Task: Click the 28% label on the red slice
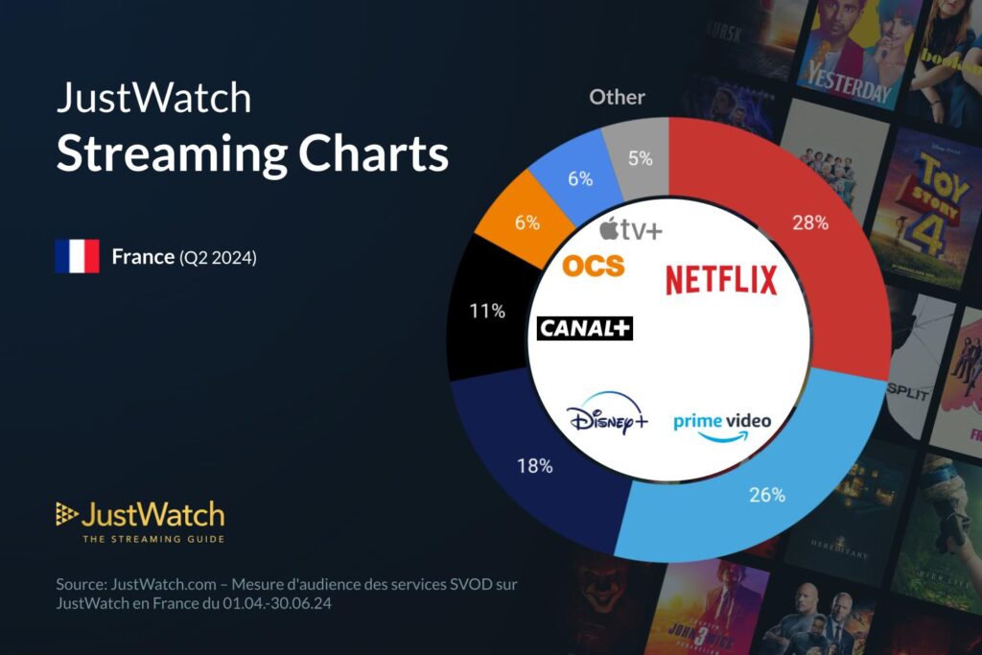[811, 222]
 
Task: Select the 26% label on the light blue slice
[767, 495]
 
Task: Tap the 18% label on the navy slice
[534, 466]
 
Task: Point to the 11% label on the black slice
[487, 311]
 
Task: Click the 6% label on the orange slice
[527, 222]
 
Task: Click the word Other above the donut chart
[617, 97]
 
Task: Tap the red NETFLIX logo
[721, 280]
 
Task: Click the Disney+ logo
[607, 419]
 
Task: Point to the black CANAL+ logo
[585, 328]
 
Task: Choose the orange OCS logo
[593, 266]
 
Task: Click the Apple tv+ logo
[631, 229]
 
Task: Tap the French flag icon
[77, 257]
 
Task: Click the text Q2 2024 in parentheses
[218, 257]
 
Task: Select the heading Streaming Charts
[252, 152]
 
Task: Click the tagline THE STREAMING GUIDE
[153, 539]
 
